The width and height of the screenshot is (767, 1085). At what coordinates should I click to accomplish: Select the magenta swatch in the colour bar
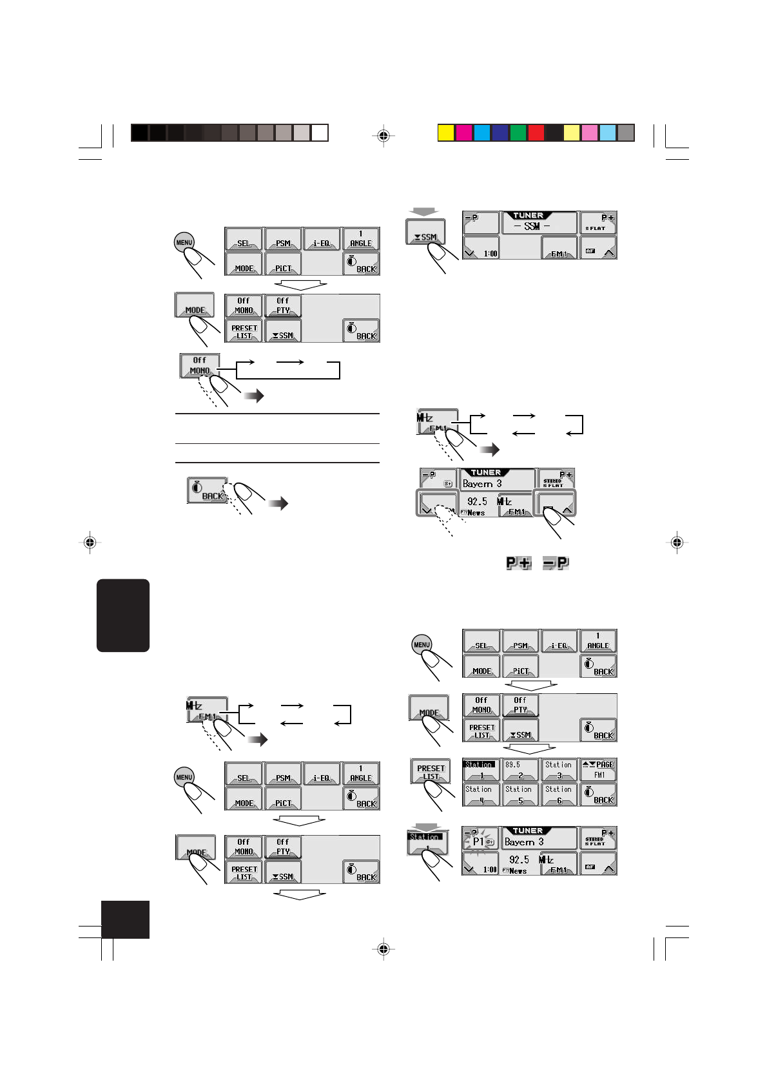pyautogui.click(x=464, y=133)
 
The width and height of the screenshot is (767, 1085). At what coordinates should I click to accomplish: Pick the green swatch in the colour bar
pyautogui.click(x=518, y=133)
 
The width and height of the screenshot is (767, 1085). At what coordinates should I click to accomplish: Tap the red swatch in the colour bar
pyautogui.click(x=536, y=133)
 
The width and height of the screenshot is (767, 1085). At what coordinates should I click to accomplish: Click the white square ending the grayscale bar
pyautogui.click(x=320, y=133)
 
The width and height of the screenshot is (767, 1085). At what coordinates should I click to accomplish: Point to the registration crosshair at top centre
pyautogui.click(x=383, y=135)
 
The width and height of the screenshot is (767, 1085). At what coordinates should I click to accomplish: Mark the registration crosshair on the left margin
pyautogui.click(x=90, y=542)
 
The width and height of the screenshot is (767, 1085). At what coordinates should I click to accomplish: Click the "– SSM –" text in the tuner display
pyautogui.click(x=532, y=226)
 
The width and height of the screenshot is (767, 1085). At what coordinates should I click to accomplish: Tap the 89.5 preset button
pyautogui.click(x=520, y=770)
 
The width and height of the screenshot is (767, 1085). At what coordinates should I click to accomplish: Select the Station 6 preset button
pyautogui.click(x=559, y=794)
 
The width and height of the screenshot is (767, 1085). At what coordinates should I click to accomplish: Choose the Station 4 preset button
pyautogui.click(x=480, y=794)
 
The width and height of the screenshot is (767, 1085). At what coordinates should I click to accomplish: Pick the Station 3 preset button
pyautogui.click(x=559, y=770)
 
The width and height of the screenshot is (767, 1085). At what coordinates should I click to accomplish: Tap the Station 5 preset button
pyautogui.click(x=520, y=794)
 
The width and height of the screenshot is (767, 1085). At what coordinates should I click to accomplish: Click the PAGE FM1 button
pyautogui.click(x=598, y=770)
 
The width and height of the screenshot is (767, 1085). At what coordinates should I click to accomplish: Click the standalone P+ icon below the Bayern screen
pyautogui.click(x=518, y=563)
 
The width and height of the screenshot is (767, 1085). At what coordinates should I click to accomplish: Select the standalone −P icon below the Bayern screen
pyautogui.click(x=556, y=563)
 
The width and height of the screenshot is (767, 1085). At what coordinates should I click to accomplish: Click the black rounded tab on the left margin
pyautogui.click(x=123, y=615)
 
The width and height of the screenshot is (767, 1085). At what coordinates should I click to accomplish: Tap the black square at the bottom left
pyautogui.click(x=126, y=919)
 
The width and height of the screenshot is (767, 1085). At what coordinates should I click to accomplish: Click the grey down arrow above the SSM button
pyautogui.click(x=425, y=212)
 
